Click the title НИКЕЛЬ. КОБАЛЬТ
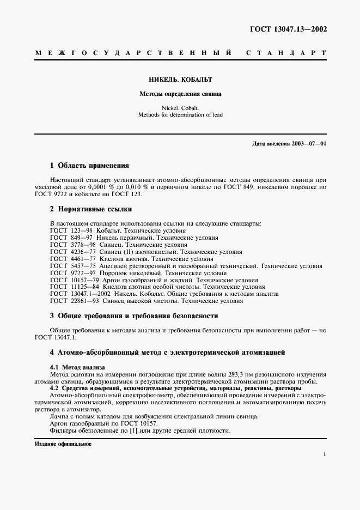pos(180,79)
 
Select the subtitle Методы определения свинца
pos(180,94)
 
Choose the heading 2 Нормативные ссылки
pos(90,209)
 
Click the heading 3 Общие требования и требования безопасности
pos(134,315)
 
